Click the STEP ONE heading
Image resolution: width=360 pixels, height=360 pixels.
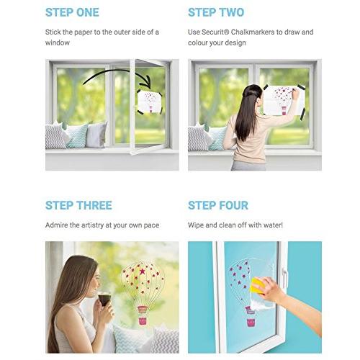tap(72, 12)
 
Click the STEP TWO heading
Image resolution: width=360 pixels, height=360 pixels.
tap(216, 12)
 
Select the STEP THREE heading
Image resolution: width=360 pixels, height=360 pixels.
tap(78, 205)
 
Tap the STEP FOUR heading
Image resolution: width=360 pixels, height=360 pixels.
tap(218, 205)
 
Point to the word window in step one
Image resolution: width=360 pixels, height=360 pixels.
tap(58, 42)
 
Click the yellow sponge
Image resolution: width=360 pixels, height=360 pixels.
tap(257, 285)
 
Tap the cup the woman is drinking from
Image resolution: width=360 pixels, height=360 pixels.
tap(104, 299)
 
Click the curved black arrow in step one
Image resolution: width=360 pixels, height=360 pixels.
tap(118, 73)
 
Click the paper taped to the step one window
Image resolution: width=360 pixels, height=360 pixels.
tap(150, 102)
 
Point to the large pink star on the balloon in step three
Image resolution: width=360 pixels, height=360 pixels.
tap(143, 271)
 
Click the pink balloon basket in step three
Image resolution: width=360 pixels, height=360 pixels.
tap(143, 320)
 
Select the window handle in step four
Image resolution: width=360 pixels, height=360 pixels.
tap(284, 279)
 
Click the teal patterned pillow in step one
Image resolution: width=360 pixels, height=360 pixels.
tap(77, 135)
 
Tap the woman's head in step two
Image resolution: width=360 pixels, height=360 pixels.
tap(252, 95)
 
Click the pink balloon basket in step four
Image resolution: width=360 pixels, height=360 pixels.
tap(251, 323)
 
